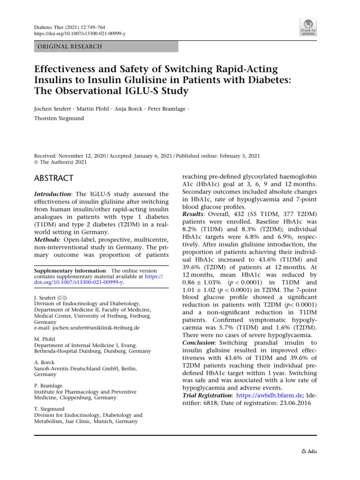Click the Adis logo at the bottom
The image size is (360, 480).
pos(309,451)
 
